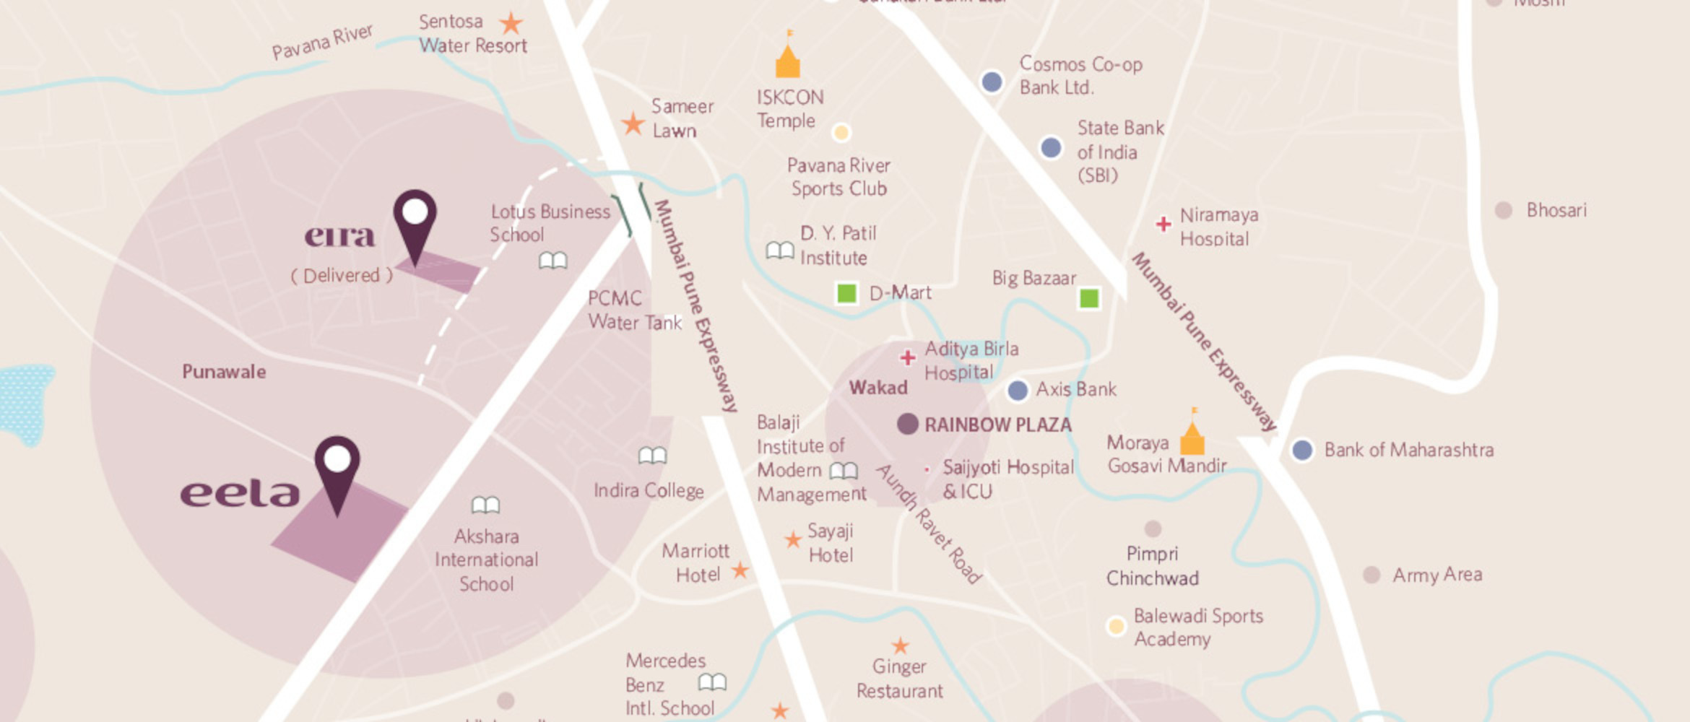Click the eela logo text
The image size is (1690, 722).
pyautogui.click(x=240, y=494)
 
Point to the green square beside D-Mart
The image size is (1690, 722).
pyautogui.click(x=846, y=293)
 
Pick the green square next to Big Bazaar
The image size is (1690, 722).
pyautogui.click(x=1088, y=297)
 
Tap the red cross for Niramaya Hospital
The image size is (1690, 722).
pyautogui.click(x=1163, y=224)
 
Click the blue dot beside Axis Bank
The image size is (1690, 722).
pyautogui.click(x=1017, y=391)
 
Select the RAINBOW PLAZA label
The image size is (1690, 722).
pyautogui.click(x=997, y=425)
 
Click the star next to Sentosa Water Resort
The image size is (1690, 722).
pyautogui.click(x=511, y=23)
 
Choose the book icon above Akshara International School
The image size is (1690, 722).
pyautogui.click(x=485, y=505)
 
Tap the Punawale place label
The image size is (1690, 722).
pyautogui.click(x=224, y=372)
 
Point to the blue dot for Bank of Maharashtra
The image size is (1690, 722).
pyautogui.click(x=1301, y=450)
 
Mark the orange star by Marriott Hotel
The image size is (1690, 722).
pyautogui.click(x=740, y=570)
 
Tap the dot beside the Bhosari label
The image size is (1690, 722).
pyautogui.click(x=1503, y=210)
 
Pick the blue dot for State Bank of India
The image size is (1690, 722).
pyautogui.click(x=1051, y=147)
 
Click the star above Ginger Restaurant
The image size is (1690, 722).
pyautogui.click(x=900, y=645)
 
